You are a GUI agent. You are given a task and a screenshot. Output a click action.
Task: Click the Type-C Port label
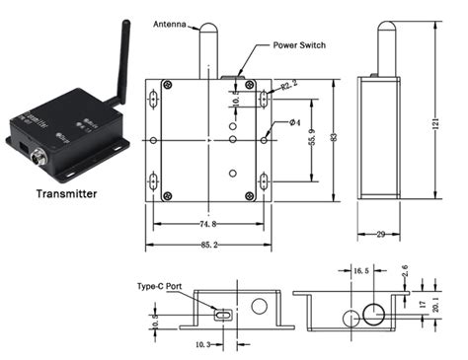tap(160, 286)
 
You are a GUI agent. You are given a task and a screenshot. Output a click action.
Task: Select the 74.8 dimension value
tap(207, 224)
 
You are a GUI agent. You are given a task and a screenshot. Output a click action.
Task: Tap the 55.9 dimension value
tap(311, 140)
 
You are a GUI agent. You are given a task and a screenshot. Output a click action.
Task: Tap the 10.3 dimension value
tap(200, 344)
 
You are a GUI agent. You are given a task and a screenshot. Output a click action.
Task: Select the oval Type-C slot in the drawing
tap(224, 314)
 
